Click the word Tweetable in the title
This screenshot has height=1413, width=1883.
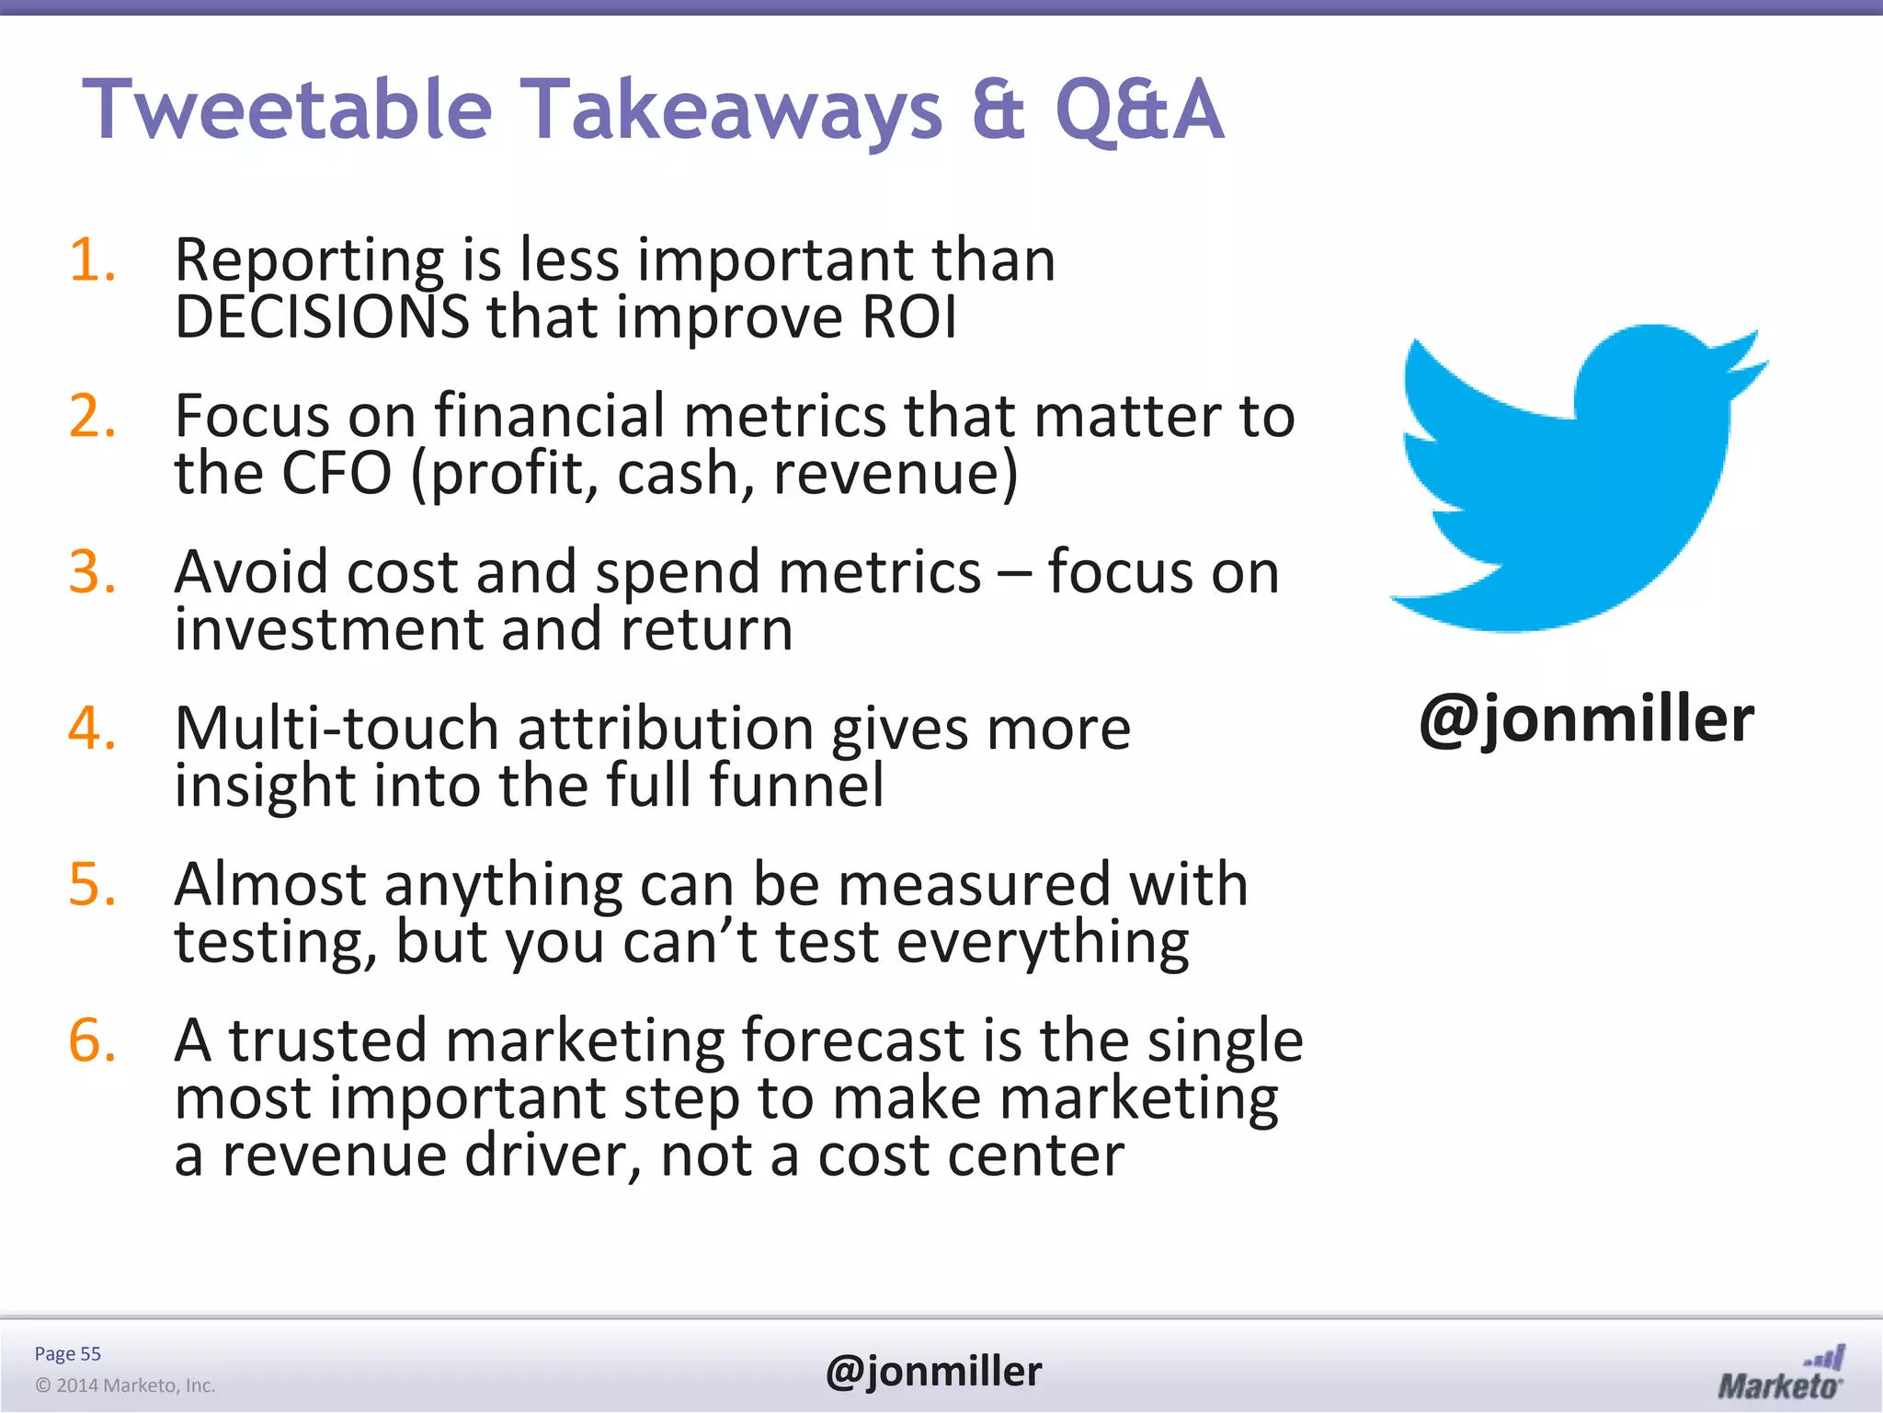coord(288,110)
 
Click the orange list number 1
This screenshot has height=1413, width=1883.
coord(92,259)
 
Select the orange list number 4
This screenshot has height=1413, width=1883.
coord(92,728)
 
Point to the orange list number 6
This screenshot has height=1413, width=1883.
coord(92,1040)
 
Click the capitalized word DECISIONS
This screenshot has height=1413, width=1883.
coord(322,317)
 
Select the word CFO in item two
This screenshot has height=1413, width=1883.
coord(337,474)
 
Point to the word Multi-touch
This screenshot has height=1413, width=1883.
coord(337,729)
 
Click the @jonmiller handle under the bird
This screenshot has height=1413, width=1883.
coord(1586,719)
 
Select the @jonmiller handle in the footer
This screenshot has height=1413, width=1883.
coord(933,1372)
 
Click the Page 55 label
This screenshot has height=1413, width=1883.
coord(67,1353)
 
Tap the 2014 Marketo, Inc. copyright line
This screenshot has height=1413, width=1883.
coord(125,1385)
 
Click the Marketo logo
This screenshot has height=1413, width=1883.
coord(1780,1373)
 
